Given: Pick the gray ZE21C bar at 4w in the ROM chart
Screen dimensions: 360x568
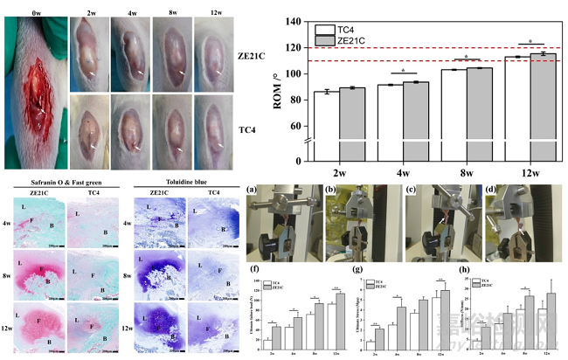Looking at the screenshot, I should pyautogui.click(x=410, y=108).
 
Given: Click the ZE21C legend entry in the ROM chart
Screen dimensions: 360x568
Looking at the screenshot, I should pyautogui.click(x=334, y=40).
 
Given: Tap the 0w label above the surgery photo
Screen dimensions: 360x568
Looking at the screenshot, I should pyautogui.click(x=36, y=11).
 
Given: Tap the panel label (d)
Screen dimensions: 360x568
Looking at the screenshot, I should pyautogui.click(x=488, y=189).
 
